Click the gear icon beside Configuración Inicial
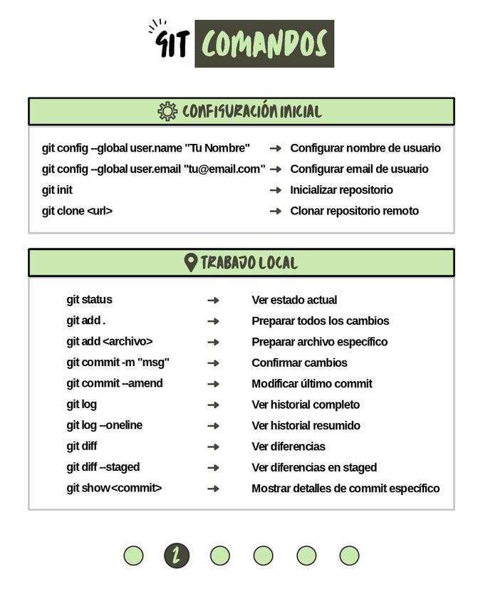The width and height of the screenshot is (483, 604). [x=167, y=111]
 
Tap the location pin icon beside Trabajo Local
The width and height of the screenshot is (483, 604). [x=190, y=262]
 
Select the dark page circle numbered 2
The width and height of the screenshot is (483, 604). [x=177, y=556]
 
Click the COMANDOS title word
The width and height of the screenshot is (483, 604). [x=264, y=44]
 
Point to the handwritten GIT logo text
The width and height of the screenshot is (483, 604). [x=172, y=43]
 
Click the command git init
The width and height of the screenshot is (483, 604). [x=57, y=190]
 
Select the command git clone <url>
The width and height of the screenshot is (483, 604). [x=77, y=211]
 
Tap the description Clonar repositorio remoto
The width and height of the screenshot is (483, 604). [x=354, y=211]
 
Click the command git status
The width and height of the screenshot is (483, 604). [x=89, y=300]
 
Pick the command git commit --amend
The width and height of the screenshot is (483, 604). [x=115, y=383]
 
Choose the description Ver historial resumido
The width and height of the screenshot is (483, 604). [x=306, y=425]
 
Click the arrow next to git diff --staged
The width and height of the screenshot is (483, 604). [x=213, y=467]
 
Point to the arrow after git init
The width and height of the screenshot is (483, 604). [x=276, y=190]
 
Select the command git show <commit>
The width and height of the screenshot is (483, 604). [x=114, y=488]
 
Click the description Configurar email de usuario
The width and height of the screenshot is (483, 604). [x=359, y=169]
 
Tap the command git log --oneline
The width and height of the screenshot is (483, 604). [x=104, y=425]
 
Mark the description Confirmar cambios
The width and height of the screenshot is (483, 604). [x=299, y=363]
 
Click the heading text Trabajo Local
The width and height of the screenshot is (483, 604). [x=249, y=262]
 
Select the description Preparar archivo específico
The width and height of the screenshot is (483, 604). [x=319, y=342]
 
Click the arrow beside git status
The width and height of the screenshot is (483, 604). [x=213, y=300]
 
